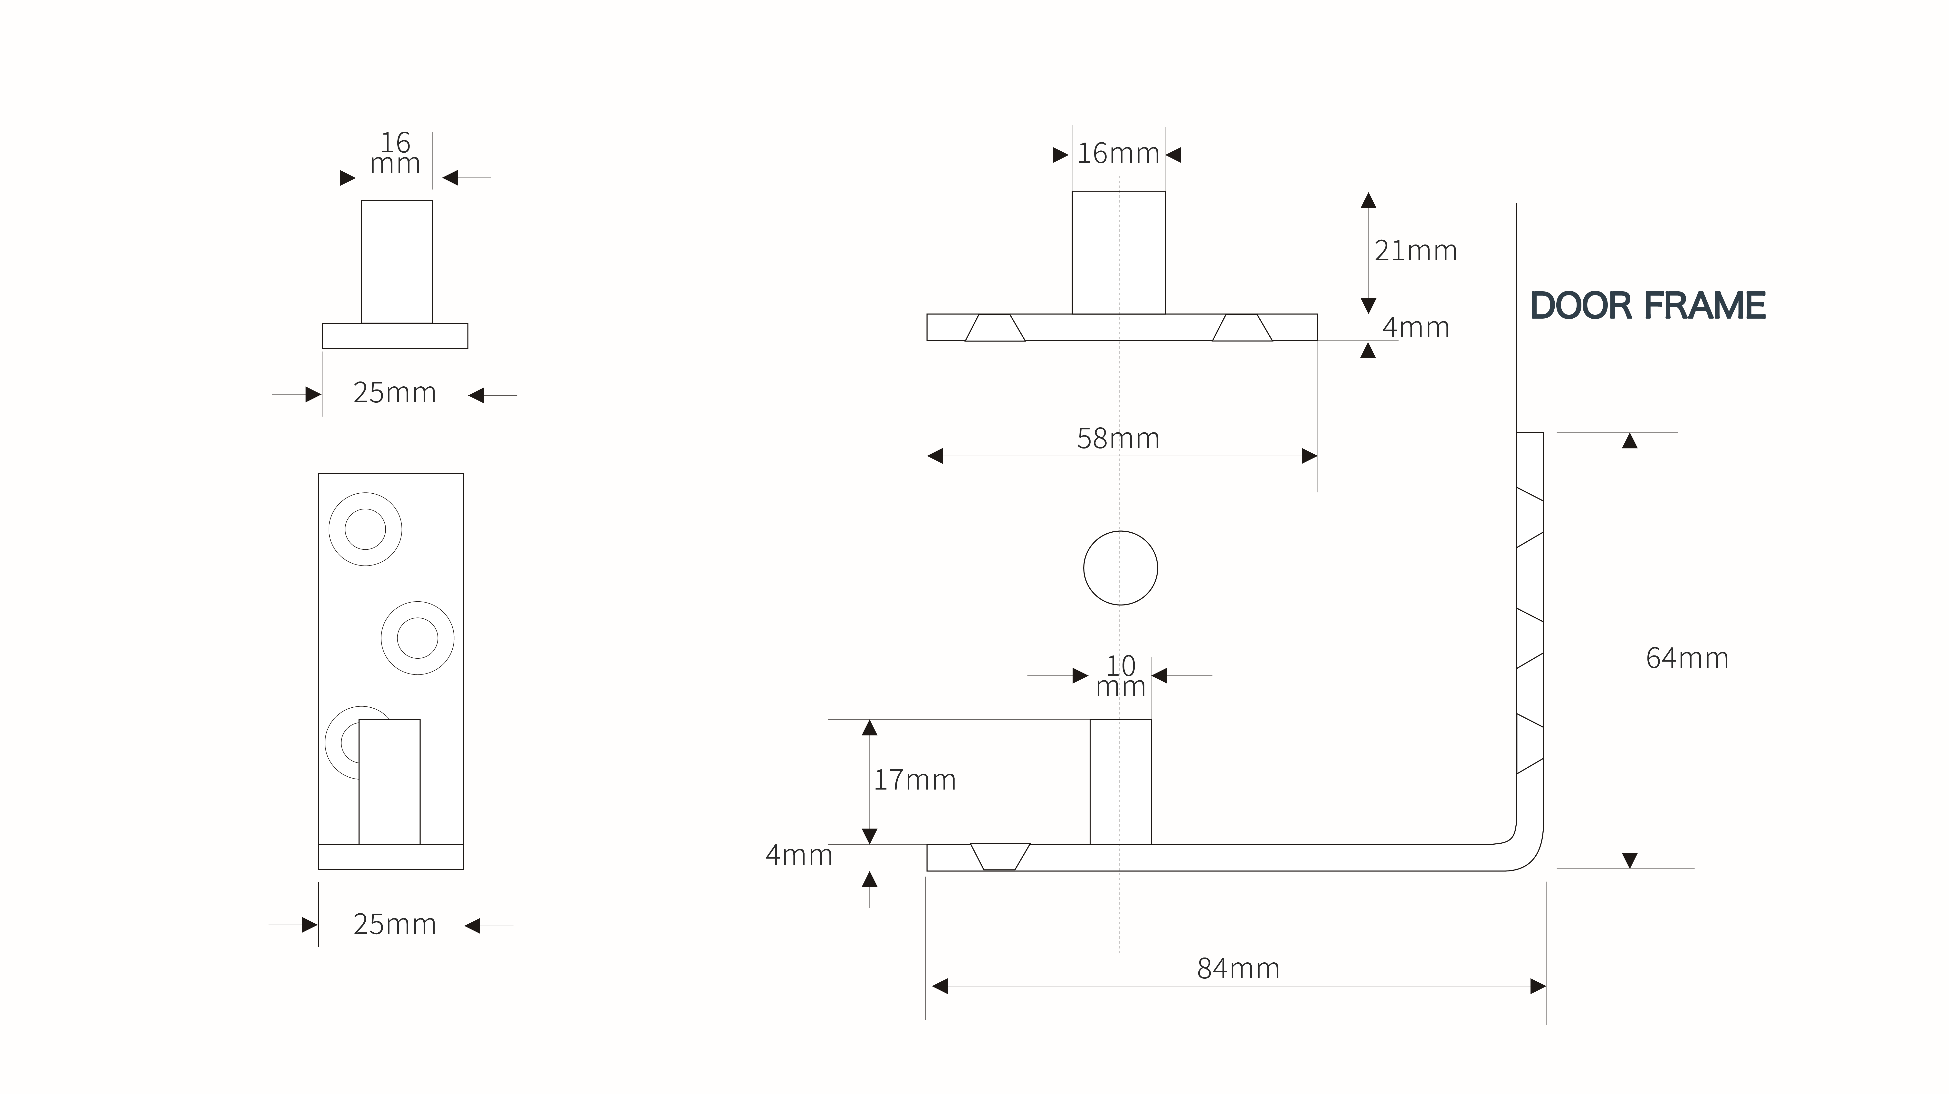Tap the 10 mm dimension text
tap(1121, 676)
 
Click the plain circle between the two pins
tap(1121, 568)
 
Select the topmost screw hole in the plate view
tap(365, 529)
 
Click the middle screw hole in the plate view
tap(418, 638)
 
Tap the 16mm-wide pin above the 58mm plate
tap(1118, 252)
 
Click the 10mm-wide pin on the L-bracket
tap(1121, 781)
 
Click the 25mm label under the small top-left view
tap(395, 393)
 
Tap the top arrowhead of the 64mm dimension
tap(1630, 441)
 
